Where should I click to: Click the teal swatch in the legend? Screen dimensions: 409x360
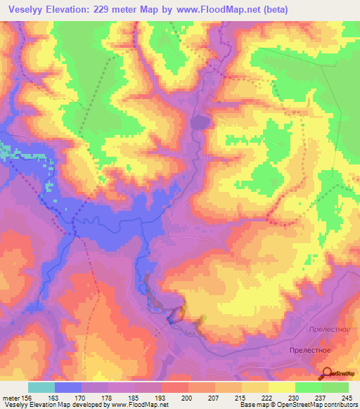click(41, 387)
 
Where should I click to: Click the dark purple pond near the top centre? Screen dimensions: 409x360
click(200, 123)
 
